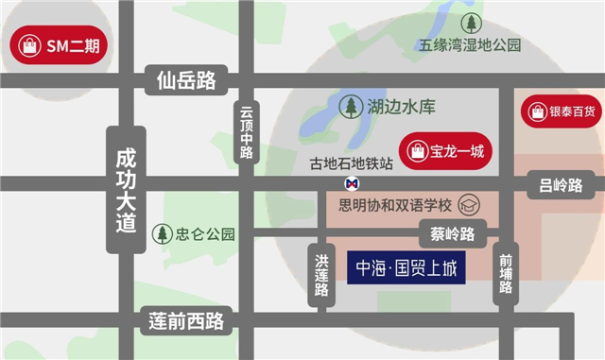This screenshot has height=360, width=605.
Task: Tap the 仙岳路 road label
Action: pyautogui.click(x=188, y=83)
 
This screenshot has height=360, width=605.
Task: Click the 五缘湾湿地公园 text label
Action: pyautogui.click(x=471, y=44)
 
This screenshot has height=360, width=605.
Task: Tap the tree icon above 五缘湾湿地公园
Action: pyautogui.click(x=470, y=21)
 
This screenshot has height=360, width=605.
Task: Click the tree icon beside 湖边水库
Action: pyautogui.click(x=352, y=107)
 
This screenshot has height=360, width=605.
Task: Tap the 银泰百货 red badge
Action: pyautogui.click(x=563, y=111)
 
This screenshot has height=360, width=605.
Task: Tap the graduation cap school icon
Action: pyautogui.click(x=468, y=204)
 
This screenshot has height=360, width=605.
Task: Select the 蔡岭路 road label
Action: pyautogui.click(x=446, y=233)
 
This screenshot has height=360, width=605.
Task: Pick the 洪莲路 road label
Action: pyautogui.click(x=321, y=271)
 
